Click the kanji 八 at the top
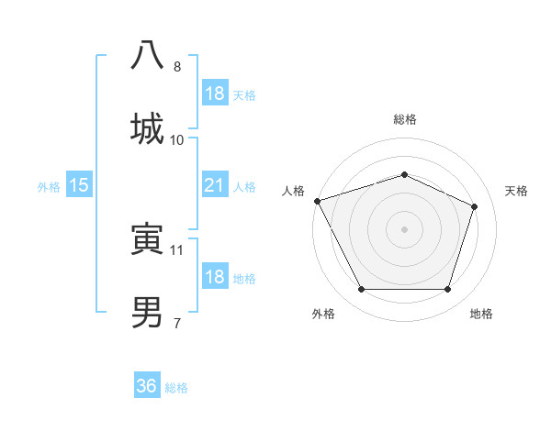(x=147, y=56)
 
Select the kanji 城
(x=147, y=128)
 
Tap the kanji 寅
(x=147, y=240)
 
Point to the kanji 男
(x=147, y=313)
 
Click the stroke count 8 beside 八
(x=177, y=67)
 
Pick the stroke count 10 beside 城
(x=177, y=139)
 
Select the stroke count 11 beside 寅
(x=177, y=249)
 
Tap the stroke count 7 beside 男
(x=177, y=323)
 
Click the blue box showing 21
(x=214, y=186)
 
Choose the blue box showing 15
(x=79, y=186)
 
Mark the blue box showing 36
(x=147, y=386)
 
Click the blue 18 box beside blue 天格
(x=214, y=94)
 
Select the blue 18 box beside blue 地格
(x=214, y=277)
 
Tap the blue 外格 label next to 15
(x=49, y=187)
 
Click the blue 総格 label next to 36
(x=176, y=388)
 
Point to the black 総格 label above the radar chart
(x=404, y=119)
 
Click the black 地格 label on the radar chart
(x=481, y=314)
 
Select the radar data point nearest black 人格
(x=317, y=201)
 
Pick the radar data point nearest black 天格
(x=475, y=206)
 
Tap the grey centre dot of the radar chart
(x=404, y=228)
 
